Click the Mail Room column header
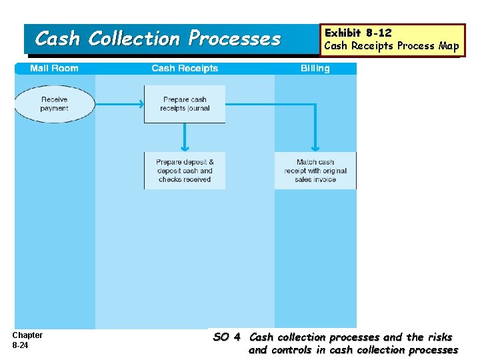pyautogui.click(x=54, y=68)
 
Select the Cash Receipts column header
pyautogui.click(x=185, y=68)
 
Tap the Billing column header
pyautogui.click(x=315, y=68)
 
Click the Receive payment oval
pyautogui.click(x=54, y=104)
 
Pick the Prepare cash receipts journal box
pyautogui.click(x=185, y=104)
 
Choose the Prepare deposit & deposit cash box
pyautogui.click(x=185, y=171)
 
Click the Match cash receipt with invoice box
pyautogui.click(x=315, y=171)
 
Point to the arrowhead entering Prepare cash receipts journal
pyautogui.click(x=141, y=104)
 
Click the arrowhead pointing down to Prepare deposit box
pyautogui.click(x=185, y=148)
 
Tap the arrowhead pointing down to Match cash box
pyautogui.click(x=315, y=148)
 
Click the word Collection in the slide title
pyautogui.click(x=134, y=39)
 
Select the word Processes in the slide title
pyautogui.click(x=234, y=39)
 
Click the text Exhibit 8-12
pyautogui.click(x=357, y=33)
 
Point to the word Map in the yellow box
pyautogui.click(x=449, y=46)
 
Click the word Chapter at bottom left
pyautogui.click(x=27, y=335)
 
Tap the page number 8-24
pyautogui.click(x=21, y=345)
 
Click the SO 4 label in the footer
pyautogui.click(x=227, y=337)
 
